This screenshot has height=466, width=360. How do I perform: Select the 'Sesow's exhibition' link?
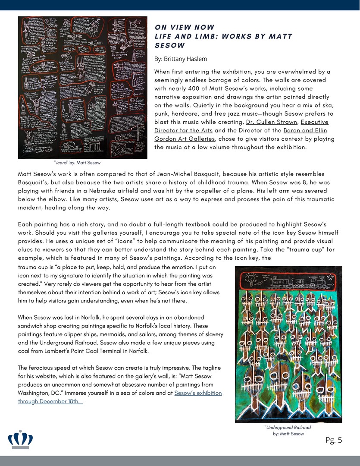point(198,393)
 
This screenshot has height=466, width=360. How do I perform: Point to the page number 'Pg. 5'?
point(334,440)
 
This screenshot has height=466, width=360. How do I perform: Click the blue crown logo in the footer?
point(20,439)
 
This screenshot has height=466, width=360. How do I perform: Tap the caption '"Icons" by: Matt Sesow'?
point(77,163)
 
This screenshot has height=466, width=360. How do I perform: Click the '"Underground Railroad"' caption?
point(288,427)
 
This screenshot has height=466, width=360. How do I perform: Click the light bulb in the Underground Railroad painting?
point(250,280)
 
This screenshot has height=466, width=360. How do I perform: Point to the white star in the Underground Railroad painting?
point(330,277)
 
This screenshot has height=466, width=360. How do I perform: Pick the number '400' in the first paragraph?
point(201,88)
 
